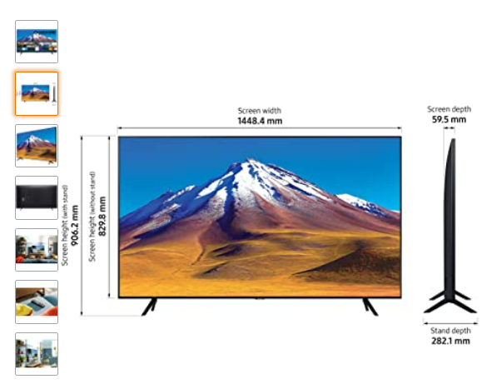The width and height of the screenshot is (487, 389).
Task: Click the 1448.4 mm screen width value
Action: tap(260, 121)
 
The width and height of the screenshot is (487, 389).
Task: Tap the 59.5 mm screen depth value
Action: tap(449, 119)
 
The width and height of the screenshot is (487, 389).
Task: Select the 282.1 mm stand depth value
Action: tap(450, 341)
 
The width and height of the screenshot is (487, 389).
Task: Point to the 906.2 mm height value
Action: tap(75, 225)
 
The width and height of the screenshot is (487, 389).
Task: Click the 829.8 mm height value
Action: tap(102, 217)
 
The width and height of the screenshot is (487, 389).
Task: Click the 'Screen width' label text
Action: tap(260, 111)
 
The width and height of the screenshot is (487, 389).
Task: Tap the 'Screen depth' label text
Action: tap(449, 109)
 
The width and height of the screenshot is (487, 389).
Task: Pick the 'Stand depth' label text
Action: tap(450, 331)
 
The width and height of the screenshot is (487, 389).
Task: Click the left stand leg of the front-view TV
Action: tap(149, 307)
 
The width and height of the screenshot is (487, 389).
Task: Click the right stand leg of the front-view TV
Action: tap(370, 307)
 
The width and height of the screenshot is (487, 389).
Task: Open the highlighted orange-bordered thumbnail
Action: tap(37, 93)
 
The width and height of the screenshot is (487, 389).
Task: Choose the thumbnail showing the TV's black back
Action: tap(37, 197)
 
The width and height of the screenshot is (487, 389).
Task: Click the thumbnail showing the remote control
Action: tap(37, 302)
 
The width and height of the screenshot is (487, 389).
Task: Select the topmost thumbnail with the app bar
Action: tap(37, 42)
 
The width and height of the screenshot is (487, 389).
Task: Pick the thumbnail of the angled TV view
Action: tap(37, 146)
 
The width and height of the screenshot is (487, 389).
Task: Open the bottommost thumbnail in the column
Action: tap(37, 354)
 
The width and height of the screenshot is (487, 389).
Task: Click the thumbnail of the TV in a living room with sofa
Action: tap(37, 250)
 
